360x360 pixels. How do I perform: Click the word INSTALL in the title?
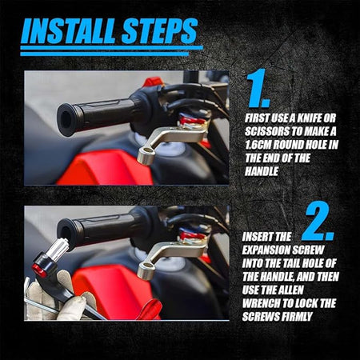click(70, 31)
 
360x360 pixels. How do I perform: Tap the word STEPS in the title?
click(160, 31)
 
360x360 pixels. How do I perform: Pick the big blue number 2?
click(318, 222)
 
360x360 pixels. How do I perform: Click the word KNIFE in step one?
click(307, 118)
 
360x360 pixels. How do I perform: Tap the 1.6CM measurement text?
click(258, 145)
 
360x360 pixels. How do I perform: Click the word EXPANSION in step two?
click(266, 250)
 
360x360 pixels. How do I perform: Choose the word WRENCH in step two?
click(261, 303)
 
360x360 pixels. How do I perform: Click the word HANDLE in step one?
click(262, 171)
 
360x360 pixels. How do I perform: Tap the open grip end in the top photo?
click(66, 119)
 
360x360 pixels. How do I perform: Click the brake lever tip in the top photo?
click(146, 155)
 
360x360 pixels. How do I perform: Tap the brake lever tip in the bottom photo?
click(146, 270)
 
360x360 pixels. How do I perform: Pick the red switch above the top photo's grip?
click(153, 82)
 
